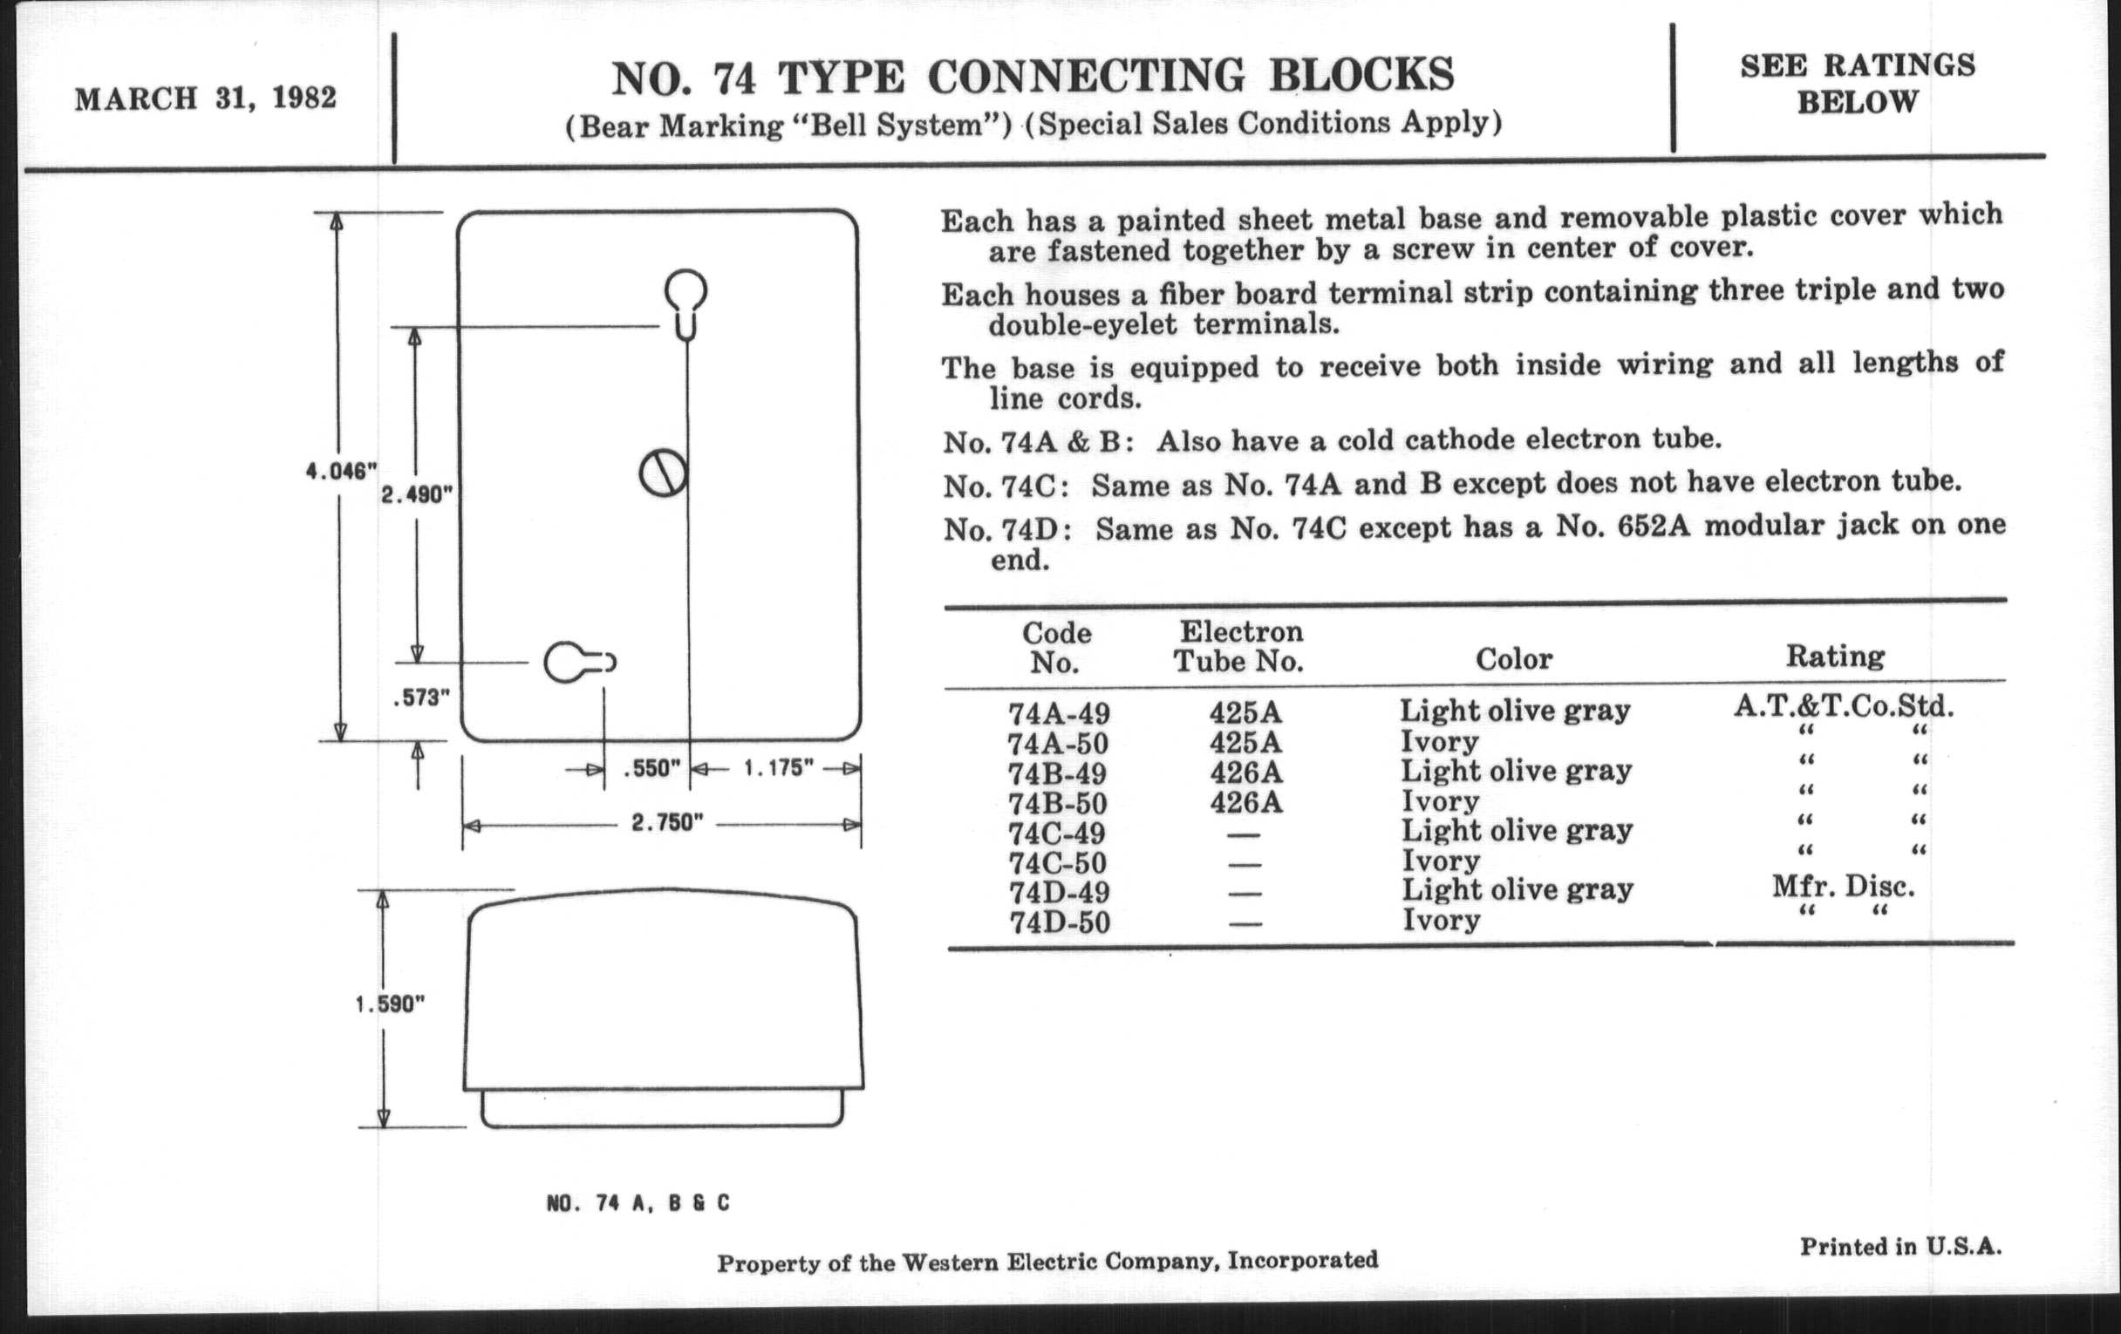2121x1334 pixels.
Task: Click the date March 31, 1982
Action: pyautogui.click(x=205, y=98)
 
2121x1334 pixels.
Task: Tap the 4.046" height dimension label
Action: pyautogui.click(x=341, y=472)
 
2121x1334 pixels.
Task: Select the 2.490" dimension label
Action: pyautogui.click(x=417, y=496)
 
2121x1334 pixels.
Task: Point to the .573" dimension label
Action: pyautogui.click(x=421, y=698)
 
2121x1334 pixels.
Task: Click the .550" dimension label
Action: pyautogui.click(x=651, y=769)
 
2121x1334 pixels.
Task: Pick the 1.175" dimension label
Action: pyautogui.click(x=778, y=768)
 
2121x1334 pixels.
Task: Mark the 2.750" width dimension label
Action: pyautogui.click(x=667, y=823)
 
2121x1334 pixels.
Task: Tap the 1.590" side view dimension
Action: pyautogui.click(x=390, y=1004)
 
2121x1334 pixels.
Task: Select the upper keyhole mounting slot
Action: pyautogui.click(x=685, y=303)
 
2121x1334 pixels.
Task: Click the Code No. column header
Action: pyautogui.click(x=1056, y=646)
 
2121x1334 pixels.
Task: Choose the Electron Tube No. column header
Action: pyautogui.click(x=1239, y=645)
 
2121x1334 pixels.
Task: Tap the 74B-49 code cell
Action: pyautogui.click(x=1058, y=774)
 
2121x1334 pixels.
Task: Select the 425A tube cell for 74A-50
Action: pyautogui.click(x=1245, y=742)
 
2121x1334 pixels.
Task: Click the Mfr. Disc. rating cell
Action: pyautogui.click(x=1844, y=885)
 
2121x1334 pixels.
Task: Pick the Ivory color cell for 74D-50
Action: pyautogui.click(x=1441, y=921)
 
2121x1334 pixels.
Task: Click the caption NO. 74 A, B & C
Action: pyautogui.click(x=638, y=1203)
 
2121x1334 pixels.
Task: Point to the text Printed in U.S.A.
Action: pyautogui.click(x=1901, y=1246)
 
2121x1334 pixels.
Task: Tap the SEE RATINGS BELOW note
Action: pyautogui.click(x=1858, y=84)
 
